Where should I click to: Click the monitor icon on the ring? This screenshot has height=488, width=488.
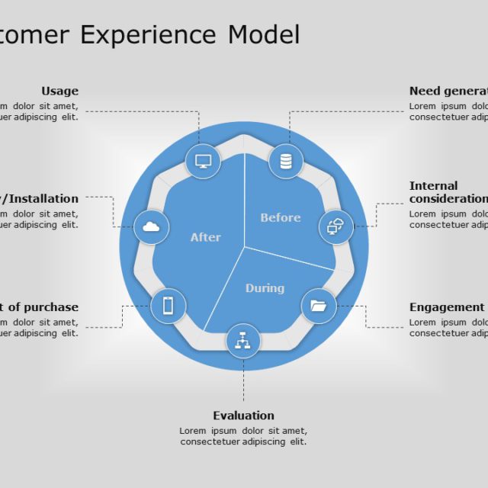click(x=203, y=162)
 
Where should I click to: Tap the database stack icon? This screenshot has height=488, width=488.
click(x=286, y=162)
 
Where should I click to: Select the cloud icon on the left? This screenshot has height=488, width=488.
click(x=151, y=226)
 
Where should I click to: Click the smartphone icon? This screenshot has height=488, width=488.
click(x=169, y=306)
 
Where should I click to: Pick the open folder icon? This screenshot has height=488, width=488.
click(x=319, y=307)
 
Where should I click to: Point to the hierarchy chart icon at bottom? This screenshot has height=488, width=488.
click(x=243, y=340)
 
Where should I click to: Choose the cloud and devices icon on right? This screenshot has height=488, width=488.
click(x=335, y=226)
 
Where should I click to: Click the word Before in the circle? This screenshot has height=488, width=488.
click(x=281, y=218)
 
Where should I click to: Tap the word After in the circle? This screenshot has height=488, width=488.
click(x=205, y=237)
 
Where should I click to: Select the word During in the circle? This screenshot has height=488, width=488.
click(x=265, y=288)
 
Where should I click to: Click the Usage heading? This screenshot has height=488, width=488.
click(x=59, y=91)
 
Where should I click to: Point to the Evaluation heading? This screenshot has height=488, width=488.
click(x=243, y=416)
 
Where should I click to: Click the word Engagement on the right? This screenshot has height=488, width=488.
click(x=447, y=307)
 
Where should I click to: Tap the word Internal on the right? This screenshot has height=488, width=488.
click(x=433, y=186)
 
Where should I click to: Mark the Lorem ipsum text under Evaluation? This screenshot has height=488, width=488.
click(x=243, y=436)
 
